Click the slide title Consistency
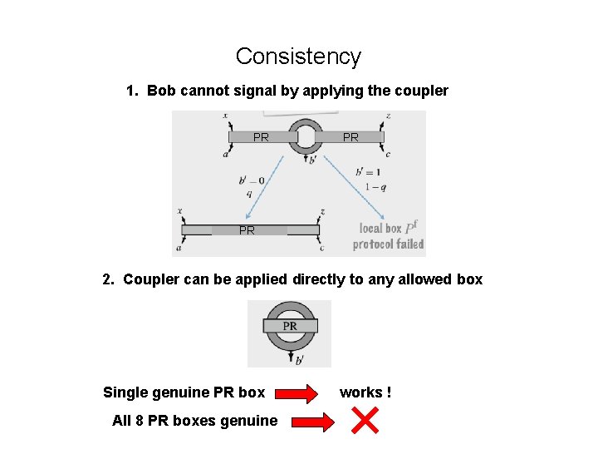click(298, 57)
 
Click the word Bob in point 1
click(161, 91)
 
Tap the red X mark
click(365, 420)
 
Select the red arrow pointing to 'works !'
click(297, 392)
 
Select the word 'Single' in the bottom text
click(125, 392)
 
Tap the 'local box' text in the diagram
click(380, 228)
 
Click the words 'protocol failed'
click(388, 244)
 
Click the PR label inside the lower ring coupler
click(290, 326)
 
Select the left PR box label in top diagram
click(261, 137)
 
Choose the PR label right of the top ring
click(350, 137)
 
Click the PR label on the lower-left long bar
click(247, 230)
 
